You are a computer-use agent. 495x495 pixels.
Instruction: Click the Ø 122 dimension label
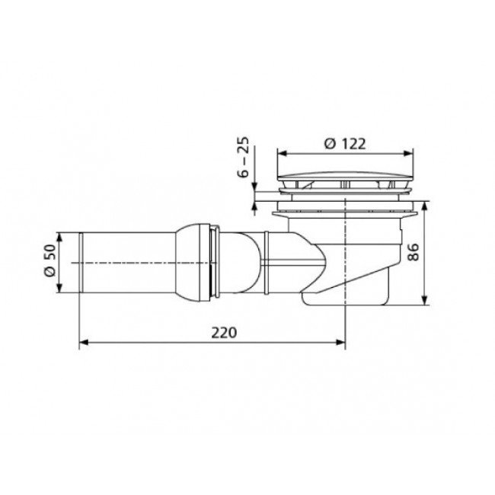(x=345, y=144)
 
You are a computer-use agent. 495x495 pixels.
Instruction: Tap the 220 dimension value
(x=224, y=333)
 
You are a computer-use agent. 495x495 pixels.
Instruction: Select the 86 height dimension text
(x=413, y=251)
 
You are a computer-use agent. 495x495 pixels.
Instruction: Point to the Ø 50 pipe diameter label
(x=49, y=260)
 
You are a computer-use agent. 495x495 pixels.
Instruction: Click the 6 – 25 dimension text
(x=243, y=157)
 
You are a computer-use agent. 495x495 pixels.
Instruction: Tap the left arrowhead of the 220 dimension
(x=83, y=342)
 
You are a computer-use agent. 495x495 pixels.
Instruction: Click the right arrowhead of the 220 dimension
(x=341, y=342)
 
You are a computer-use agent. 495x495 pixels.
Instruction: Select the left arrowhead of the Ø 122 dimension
(x=281, y=153)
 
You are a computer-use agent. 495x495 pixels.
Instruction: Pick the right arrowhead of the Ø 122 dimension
(x=409, y=153)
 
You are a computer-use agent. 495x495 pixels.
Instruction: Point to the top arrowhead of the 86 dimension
(x=425, y=206)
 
